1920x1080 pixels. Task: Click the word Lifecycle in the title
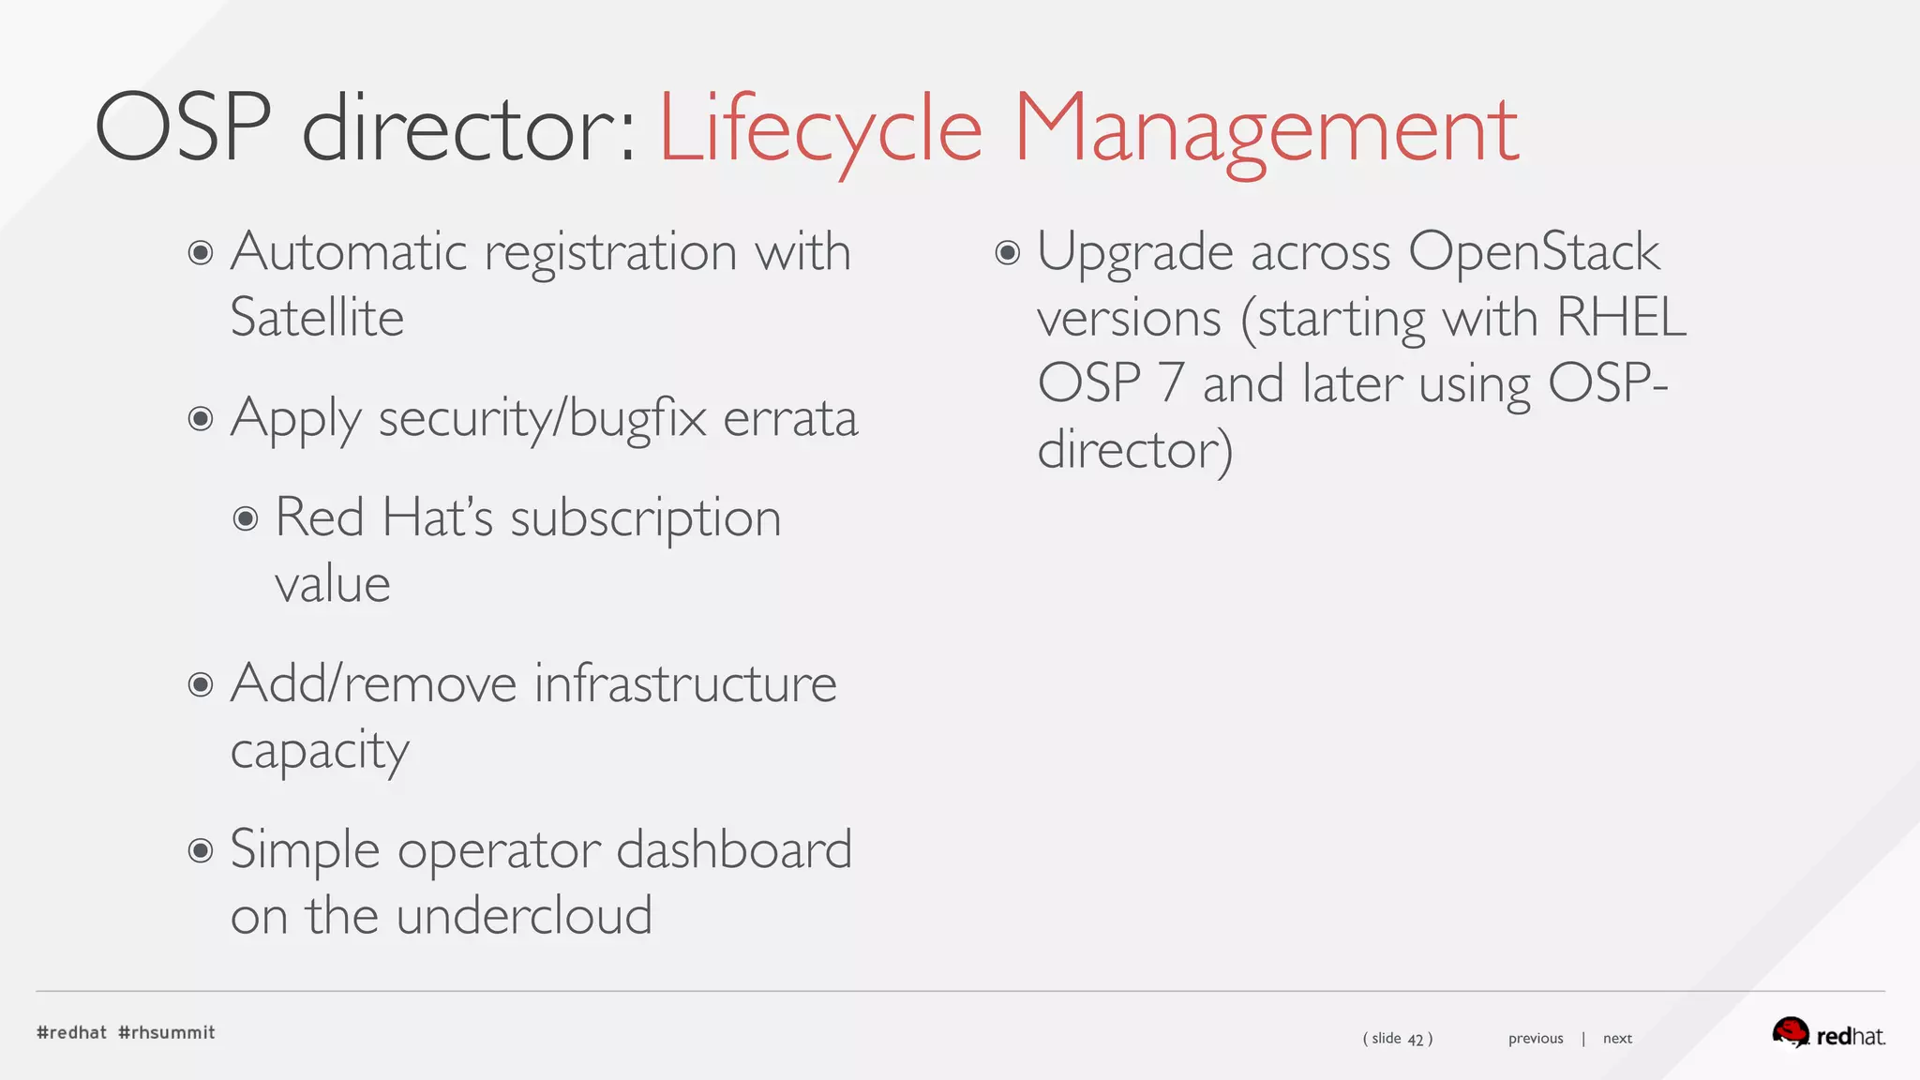820,128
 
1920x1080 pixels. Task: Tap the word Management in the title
1265,128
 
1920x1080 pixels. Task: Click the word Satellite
317,317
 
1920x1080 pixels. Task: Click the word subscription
645,518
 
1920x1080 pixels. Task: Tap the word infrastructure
685,683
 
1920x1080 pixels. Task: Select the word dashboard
734,849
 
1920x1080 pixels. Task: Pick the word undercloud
524,916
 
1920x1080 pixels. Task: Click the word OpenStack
1534,251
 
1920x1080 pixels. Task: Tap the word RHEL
1621,318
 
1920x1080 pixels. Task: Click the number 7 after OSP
1170,383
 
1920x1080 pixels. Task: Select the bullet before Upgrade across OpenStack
1008,252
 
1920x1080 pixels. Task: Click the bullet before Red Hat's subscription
246,518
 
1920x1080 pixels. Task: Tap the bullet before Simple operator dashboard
201,850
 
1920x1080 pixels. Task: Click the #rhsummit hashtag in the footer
167,1032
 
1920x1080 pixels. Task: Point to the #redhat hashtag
71,1032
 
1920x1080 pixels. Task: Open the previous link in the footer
1536,1038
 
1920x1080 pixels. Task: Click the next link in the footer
1617,1038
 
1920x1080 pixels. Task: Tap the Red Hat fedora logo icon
1791,1031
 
